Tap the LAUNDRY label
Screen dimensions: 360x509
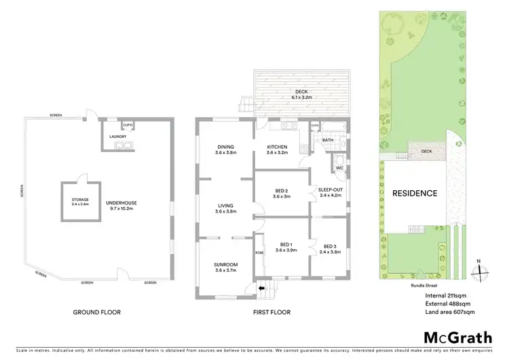click(x=119, y=137)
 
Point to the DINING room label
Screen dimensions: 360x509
click(x=225, y=147)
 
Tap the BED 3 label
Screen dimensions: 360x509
click(x=330, y=246)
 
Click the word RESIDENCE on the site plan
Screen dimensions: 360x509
click(x=415, y=193)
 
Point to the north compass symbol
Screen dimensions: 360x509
click(x=480, y=268)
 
